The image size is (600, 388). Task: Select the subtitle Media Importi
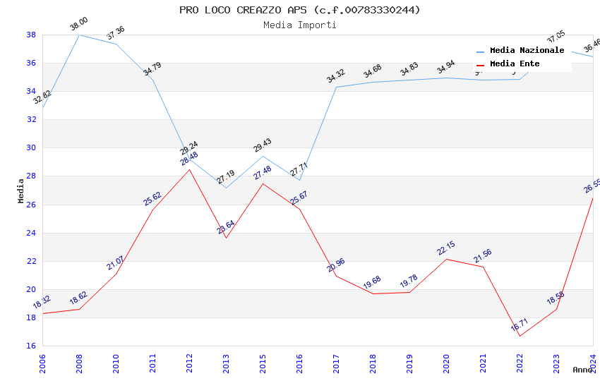click(299, 25)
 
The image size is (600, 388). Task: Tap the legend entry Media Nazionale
click(527, 51)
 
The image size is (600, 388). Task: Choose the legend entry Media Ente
click(515, 64)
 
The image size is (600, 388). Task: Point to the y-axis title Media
click(21, 190)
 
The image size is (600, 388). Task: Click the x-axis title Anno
click(582, 370)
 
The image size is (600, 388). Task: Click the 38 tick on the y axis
click(31, 35)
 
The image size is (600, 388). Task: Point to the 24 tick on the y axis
click(31, 233)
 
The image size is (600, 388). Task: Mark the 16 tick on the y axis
click(31, 346)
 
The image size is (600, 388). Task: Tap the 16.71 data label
click(519, 325)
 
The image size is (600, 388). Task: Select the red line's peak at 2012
click(189, 169)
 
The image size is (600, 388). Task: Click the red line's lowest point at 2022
click(520, 336)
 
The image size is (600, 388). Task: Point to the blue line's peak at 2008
click(79, 35)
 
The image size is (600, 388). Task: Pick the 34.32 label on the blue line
click(335, 76)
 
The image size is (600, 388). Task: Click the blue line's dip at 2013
click(226, 188)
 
